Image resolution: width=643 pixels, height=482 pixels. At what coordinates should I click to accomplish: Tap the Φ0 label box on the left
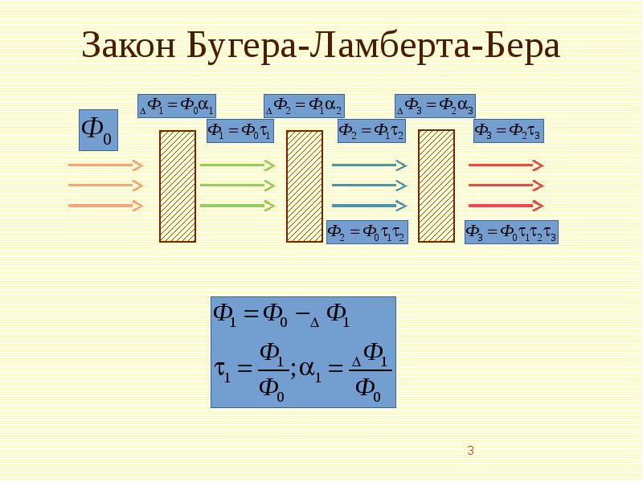[98, 129]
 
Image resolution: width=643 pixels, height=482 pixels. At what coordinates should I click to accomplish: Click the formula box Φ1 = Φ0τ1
[240, 131]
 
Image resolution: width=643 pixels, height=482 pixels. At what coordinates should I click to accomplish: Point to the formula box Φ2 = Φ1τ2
[371, 131]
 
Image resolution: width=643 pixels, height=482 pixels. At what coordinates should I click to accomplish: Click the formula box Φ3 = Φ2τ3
[508, 131]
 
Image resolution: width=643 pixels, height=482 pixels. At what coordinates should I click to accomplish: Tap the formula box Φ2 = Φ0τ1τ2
[367, 232]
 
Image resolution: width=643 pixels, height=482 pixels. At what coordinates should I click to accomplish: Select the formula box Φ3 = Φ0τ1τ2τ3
[512, 232]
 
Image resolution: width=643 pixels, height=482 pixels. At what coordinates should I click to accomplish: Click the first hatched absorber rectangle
[178, 186]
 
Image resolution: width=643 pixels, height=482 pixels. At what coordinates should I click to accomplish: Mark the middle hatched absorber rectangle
[305, 186]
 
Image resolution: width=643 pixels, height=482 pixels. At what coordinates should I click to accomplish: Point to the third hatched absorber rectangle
[436, 186]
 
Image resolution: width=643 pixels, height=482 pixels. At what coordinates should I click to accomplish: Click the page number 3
[470, 451]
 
